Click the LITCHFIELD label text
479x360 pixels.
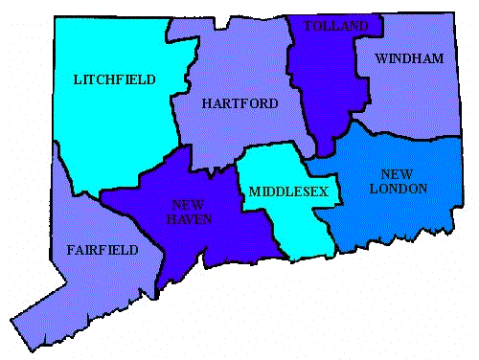point(114,79)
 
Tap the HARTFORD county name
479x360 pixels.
point(239,103)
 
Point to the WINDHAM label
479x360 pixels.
point(409,59)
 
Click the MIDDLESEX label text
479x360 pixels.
point(288,192)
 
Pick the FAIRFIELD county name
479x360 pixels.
point(103,250)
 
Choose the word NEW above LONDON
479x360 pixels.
point(396,174)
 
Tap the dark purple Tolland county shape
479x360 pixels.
point(326,86)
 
